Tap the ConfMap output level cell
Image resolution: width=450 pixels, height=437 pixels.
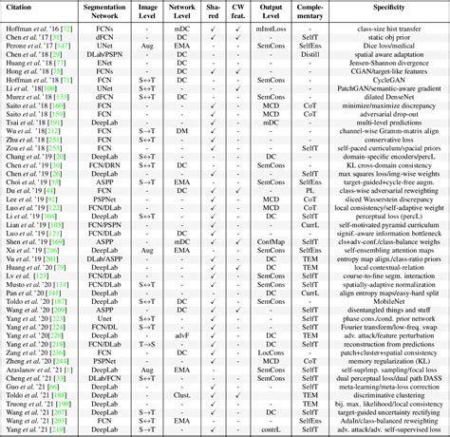pyautogui.click(x=272, y=243)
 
